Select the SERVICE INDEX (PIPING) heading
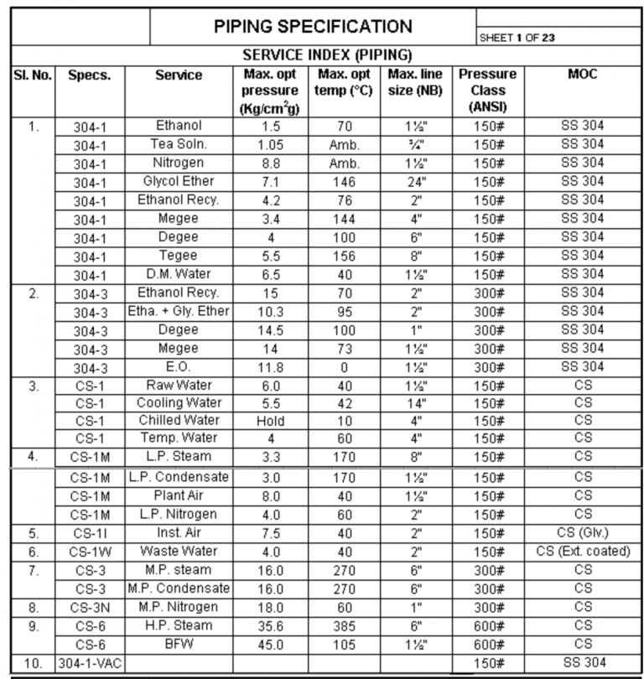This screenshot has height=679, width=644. click(327, 55)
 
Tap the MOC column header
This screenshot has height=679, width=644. click(582, 75)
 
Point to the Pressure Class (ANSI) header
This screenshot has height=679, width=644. click(487, 91)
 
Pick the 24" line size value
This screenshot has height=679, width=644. click(416, 182)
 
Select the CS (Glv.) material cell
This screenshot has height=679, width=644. click(582, 532)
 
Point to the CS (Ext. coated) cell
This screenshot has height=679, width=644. click(582, 551)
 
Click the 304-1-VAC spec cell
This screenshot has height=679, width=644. click(91, 663)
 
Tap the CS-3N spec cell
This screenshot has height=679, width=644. click(91, 606)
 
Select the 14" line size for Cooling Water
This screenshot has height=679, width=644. click(416, 403)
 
